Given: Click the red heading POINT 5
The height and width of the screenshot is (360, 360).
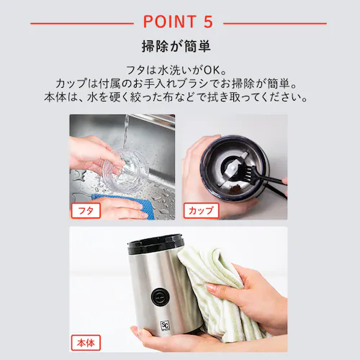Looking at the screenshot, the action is tap(178, 22).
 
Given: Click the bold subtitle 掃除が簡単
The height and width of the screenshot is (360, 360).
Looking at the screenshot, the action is tap(176, 46).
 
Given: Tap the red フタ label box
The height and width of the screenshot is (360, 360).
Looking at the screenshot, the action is tap(86, 210).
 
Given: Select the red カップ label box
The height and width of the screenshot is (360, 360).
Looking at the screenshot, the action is tap(201, 210).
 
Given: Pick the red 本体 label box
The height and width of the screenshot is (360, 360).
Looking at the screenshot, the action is tap(86, 343).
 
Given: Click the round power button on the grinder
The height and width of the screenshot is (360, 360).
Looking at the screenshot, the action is tap(158, 297).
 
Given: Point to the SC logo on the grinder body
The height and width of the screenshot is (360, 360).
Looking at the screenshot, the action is tap(165, 325).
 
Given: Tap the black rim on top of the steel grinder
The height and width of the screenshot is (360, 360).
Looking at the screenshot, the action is tap(156, 244).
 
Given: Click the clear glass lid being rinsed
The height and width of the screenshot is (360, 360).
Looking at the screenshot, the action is tap(122, 171).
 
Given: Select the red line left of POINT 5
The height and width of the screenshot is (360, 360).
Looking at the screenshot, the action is tap(82, 24).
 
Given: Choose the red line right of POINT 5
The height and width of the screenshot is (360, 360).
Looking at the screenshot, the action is tap(275, 24).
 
